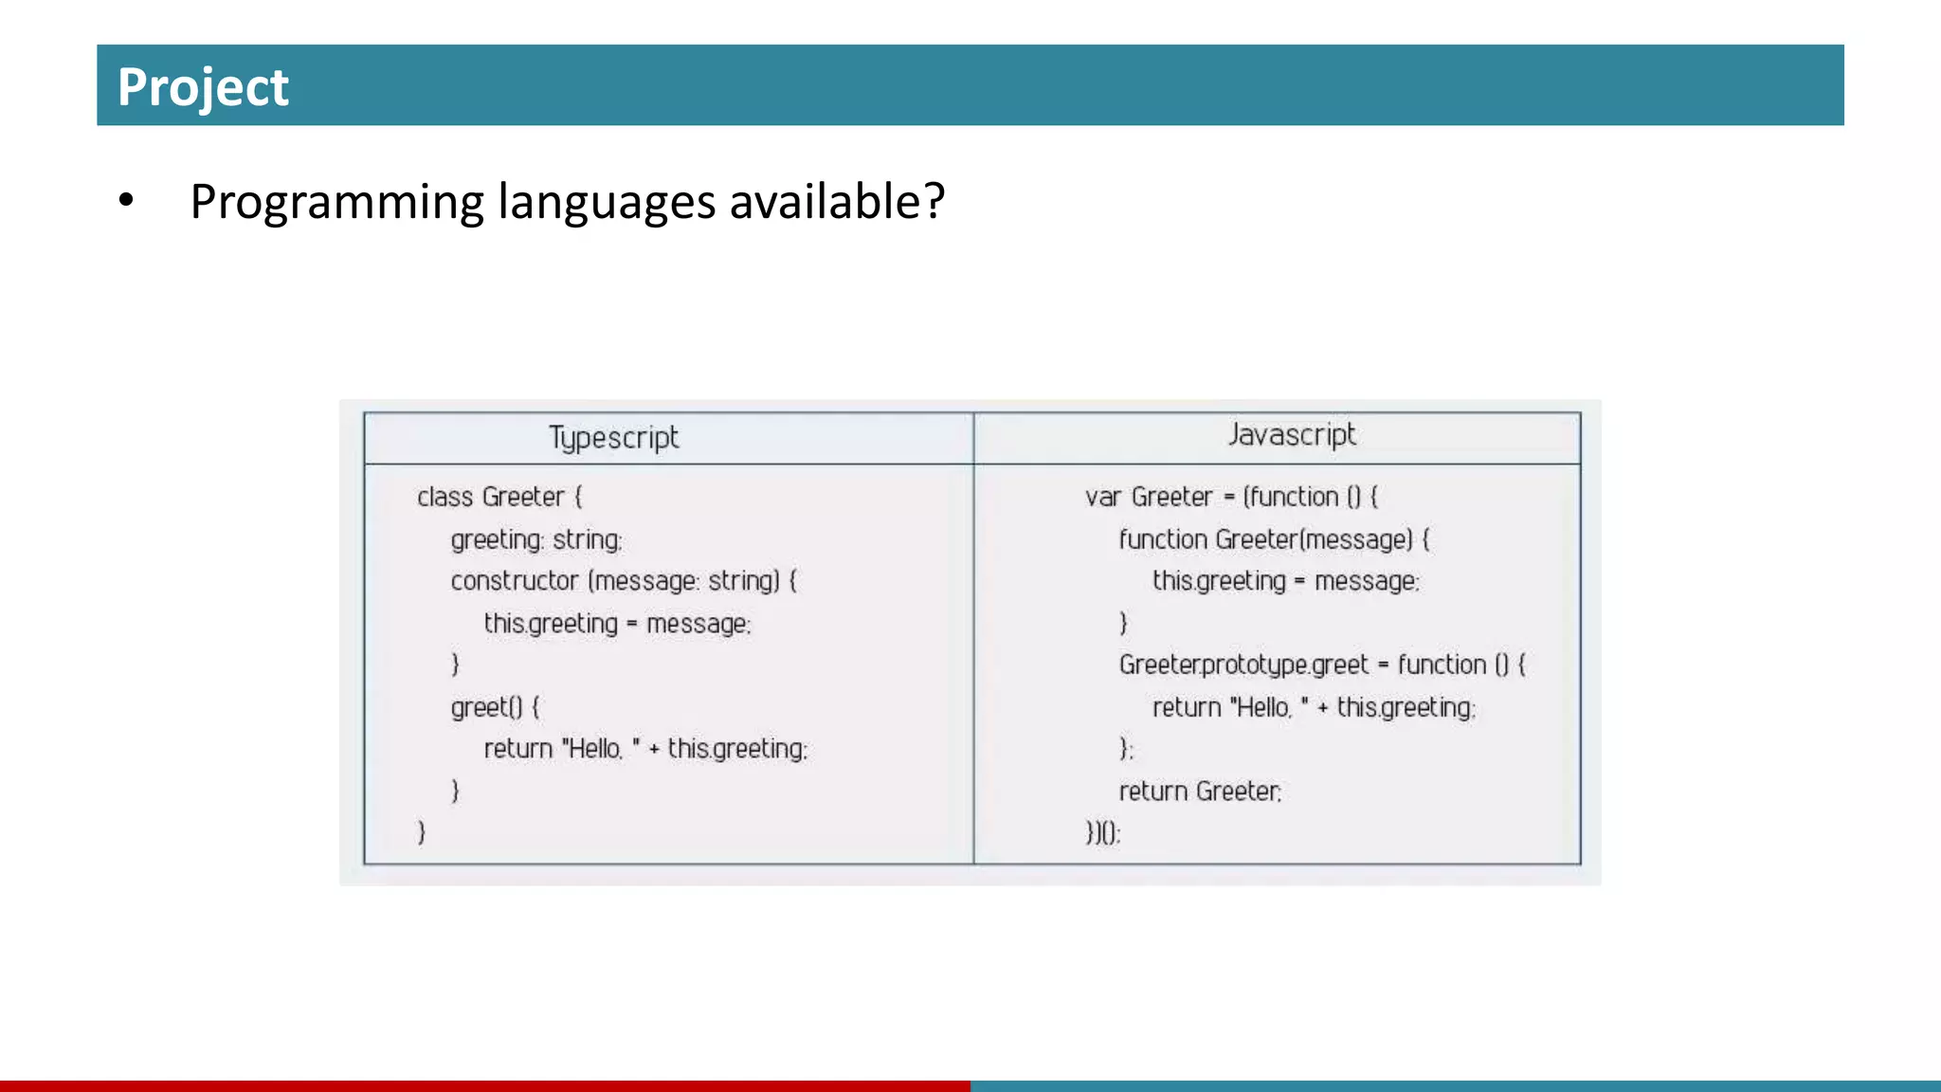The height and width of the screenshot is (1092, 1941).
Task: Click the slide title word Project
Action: [x=203, y=87]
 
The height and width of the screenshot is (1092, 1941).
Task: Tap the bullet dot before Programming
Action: [x=126, y=201]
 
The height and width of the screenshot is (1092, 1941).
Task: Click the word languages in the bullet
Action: [x=607, y=203]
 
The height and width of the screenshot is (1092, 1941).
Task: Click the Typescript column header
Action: [x=614, y=438]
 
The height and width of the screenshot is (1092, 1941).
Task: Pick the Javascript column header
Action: [x=1292, y=435]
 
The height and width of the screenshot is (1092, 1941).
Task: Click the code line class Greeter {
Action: [x=499, y=497]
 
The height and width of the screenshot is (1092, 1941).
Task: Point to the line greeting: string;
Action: [x=536, y=539]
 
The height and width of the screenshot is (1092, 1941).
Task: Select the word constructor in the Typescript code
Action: [x=515, y=580]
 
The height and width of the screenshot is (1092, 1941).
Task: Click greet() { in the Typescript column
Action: [x=495, y=707]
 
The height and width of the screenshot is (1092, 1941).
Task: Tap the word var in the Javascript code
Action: [x=1103, y=497]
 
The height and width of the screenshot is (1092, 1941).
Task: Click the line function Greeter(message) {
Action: [x=1274, y=539]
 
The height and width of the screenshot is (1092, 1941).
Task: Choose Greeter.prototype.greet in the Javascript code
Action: [x=1243, y=664]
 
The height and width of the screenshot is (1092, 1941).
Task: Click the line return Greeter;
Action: [x=1200, y=791]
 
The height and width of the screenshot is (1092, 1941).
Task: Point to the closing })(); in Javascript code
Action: [x=1103, y=832]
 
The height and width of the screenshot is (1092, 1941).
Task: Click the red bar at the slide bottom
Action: [x=485, y=1085]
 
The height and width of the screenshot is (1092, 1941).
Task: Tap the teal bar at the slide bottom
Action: [x=1456, y=1085]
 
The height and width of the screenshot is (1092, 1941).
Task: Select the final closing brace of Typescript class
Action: [x=422, y=832]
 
